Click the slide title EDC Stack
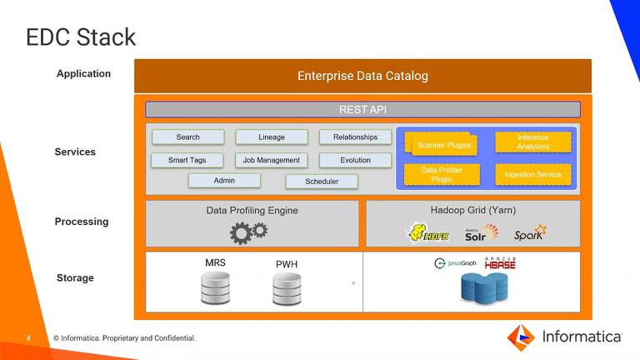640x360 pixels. (x=81, y=37)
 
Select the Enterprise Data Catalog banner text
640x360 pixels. (x=362, y=76)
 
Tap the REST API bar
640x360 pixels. (x=362, y=109)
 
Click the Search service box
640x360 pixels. (x=187, y=137)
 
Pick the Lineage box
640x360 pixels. (x=272, y=137)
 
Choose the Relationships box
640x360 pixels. (x=355, y=137)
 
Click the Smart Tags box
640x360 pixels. (x=187, y=160)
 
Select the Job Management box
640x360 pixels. (x=271, y=160)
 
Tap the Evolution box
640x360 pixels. (x=355, y=160)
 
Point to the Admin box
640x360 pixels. (x=224, y=181)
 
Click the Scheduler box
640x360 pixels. (x=322, y=181)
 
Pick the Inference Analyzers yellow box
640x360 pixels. (x=532, y=142)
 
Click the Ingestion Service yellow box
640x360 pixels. (x=532, y=175)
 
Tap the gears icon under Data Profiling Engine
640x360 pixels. (x=248, y=232)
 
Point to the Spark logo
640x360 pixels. (x=529, y=233)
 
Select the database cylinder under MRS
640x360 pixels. (x=215, y=288)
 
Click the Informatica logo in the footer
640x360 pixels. (x=564, y=337)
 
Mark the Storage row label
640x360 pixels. (x=75, y=277)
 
